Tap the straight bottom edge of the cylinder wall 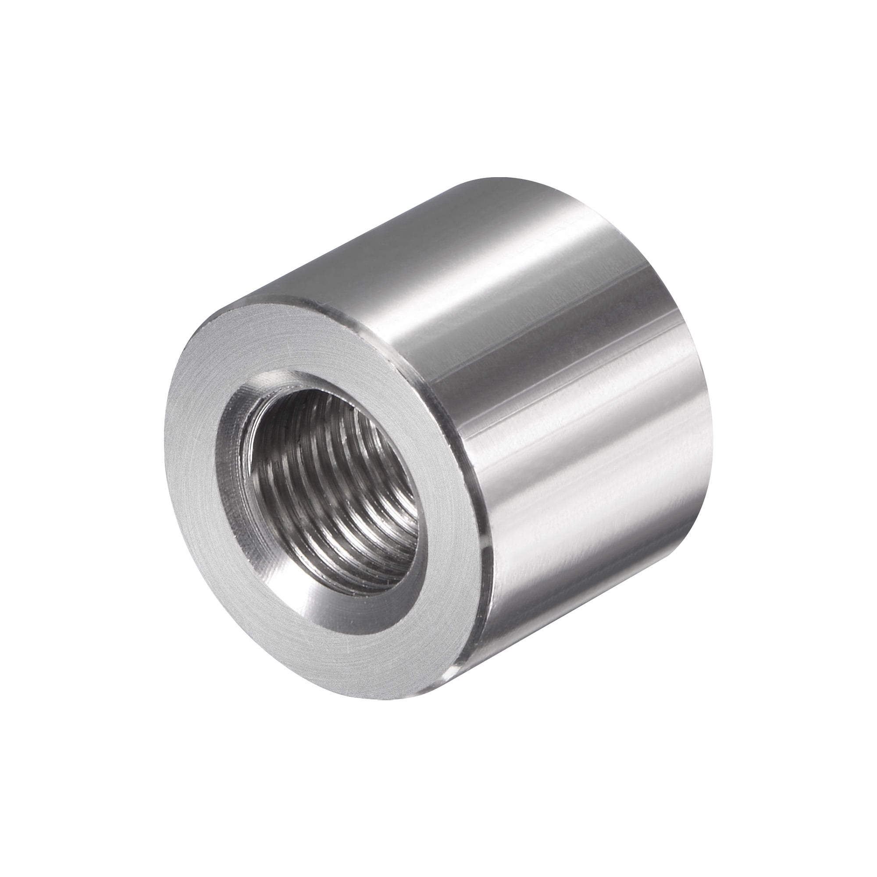(567, 635)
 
